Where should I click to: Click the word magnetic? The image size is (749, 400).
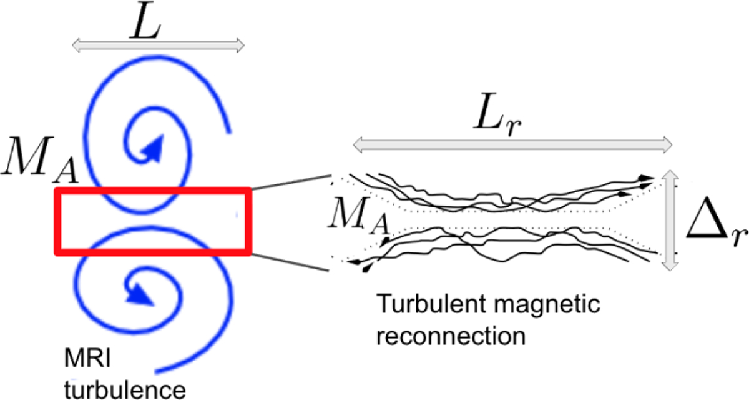[x=557, y=306]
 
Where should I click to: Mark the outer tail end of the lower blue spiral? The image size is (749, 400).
[x=164, y=369]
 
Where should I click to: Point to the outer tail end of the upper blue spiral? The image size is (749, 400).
[x=231, y=131]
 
